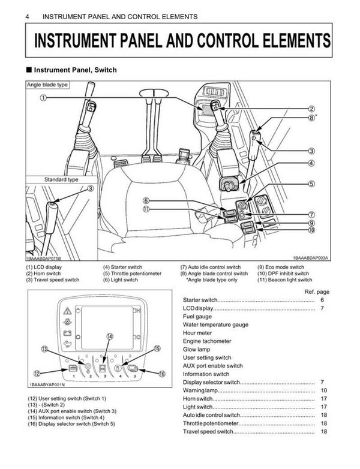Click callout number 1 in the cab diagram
(x=44, y=98)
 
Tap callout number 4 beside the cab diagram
(x=312, y=163)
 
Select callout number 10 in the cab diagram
(x=312, y=230)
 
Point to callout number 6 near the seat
(x=146, y=201)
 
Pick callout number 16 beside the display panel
(x=161, y=372)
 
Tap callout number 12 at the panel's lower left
(x=37, y=373)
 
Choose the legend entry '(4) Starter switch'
(x=122, y=267)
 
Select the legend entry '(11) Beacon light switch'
(x=284, y=279)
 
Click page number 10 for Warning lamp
(x=323, y=390)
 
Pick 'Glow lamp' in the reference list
(x=196, y=350)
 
